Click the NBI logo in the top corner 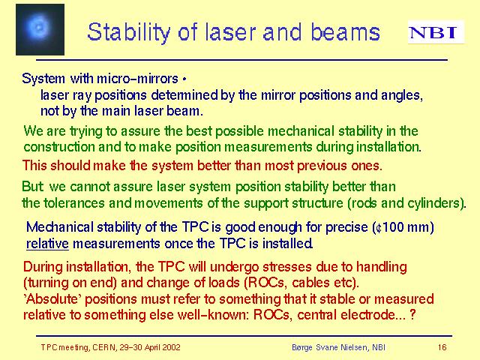coord(436,31)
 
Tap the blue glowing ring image coord(40,29)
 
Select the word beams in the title coord(345,31)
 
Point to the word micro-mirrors coord(137,79)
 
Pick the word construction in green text coord(59,147)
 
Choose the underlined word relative coord(47,244)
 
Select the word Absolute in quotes coord(52,299)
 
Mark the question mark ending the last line coord(412,315)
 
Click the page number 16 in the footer coord(442,347)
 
